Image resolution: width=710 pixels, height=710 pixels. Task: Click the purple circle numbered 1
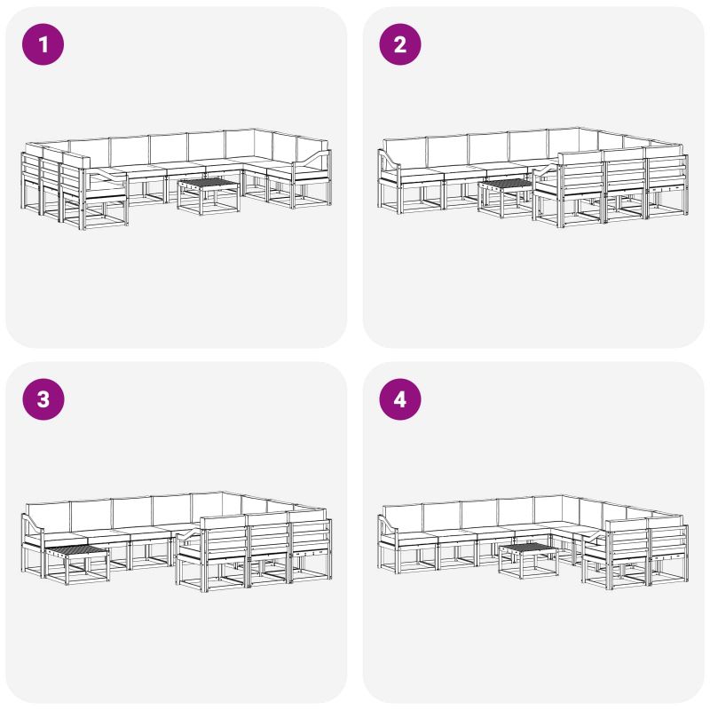[43, 44]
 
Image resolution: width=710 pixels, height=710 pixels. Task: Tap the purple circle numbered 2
[400, 44]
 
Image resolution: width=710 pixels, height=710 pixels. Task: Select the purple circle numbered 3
[43, 399]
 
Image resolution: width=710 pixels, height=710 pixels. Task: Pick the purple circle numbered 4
[400, 399]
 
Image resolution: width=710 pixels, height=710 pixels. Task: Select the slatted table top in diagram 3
[77, 549]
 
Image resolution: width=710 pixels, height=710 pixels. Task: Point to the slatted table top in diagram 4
[528, 548]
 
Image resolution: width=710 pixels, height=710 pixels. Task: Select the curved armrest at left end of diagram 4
[389, 525]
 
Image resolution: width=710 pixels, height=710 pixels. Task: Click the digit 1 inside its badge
[43, 45]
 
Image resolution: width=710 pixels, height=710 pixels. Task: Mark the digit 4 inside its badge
[400, 400]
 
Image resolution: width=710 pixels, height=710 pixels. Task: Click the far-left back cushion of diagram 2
[405, 153]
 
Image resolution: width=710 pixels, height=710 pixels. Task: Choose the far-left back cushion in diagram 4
[402, 517]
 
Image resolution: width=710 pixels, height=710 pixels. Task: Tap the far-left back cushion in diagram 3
[48, 517]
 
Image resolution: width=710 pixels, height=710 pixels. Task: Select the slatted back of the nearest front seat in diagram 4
[628, 539]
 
